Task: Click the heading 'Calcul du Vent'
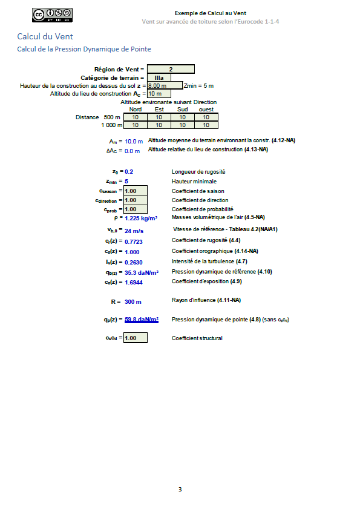(x=45, y=37)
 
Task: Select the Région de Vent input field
(x=171, y=69)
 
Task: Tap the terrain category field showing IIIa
(x=159, y=77)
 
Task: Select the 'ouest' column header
(x=206, y=110)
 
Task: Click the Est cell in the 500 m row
(x=159, y=117)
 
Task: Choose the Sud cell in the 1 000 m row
(x=183, y=125)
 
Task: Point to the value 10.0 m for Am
(x=134, y=141)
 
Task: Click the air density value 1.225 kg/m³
(x=141, y=218)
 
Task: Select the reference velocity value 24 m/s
(x=133, y=231)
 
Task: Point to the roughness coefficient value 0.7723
(x=135, y=241)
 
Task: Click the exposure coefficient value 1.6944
(x=135, y=282)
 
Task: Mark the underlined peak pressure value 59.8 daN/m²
(x=142, y=320)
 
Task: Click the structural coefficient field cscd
(x=135, y=338)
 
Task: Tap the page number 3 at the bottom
(x=180, y=489)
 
